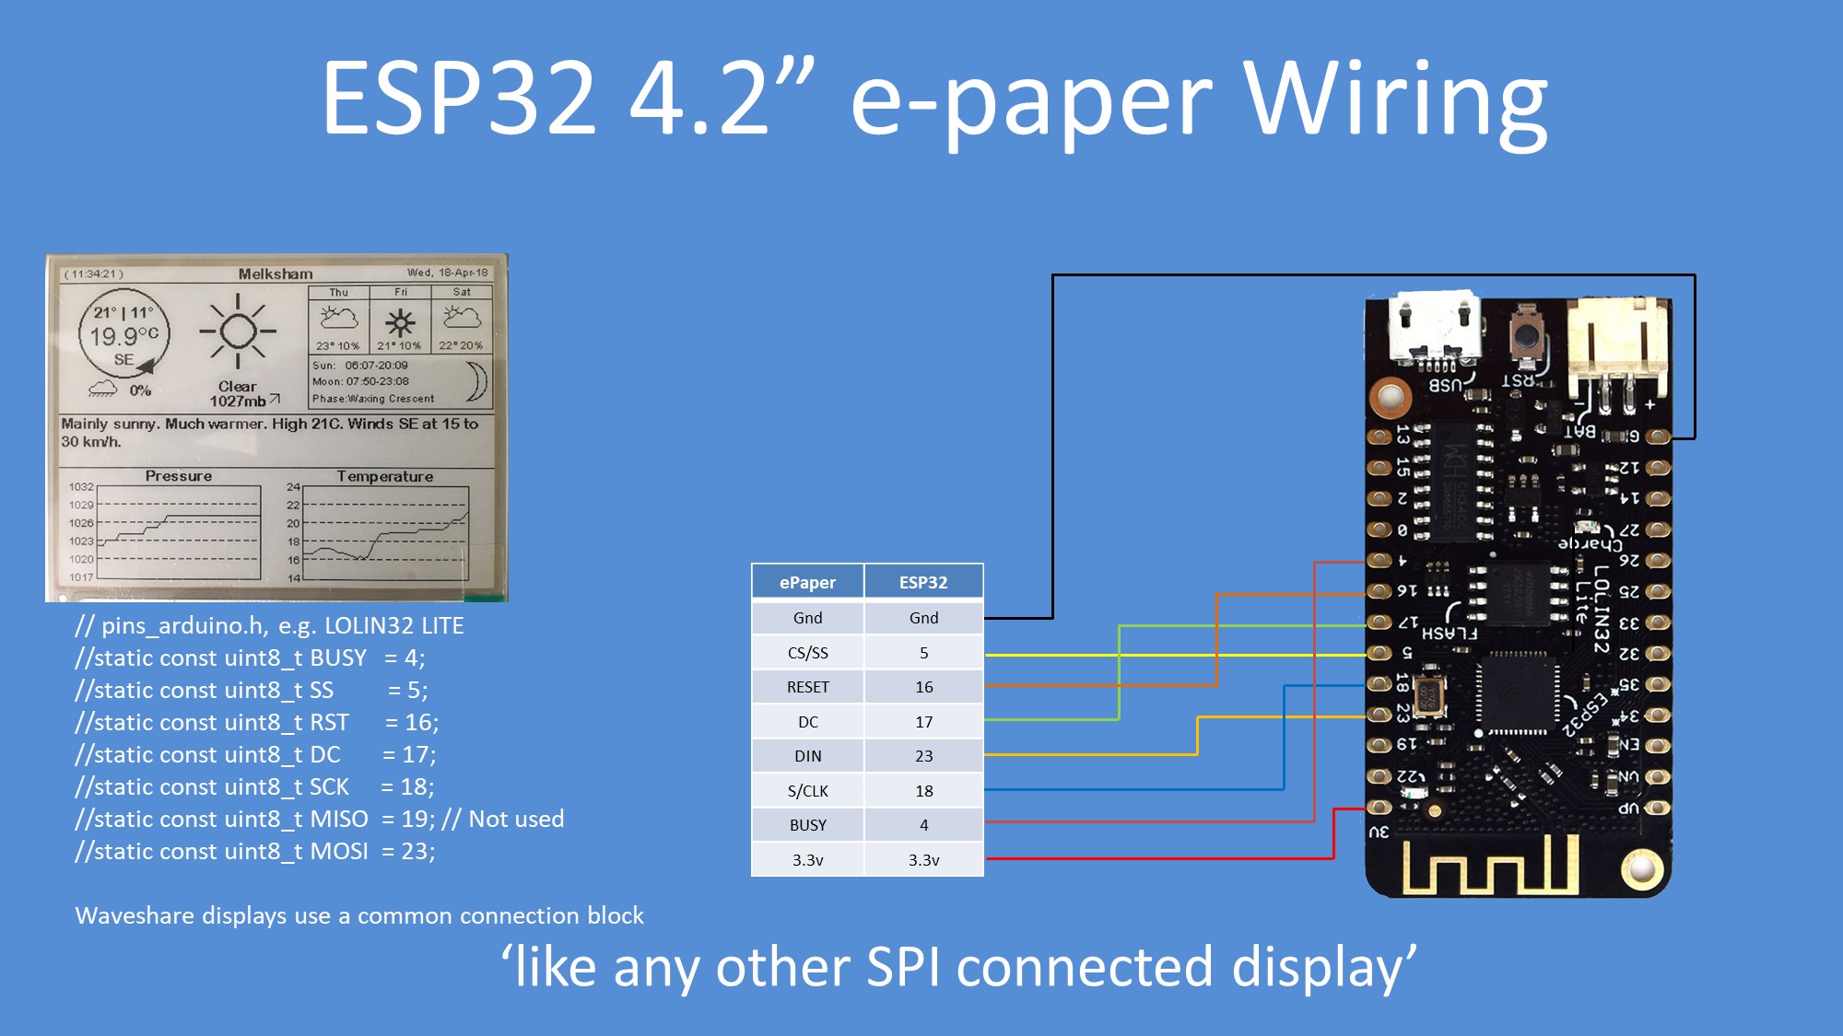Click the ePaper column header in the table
(x=807, y=582)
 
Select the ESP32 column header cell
(x=923, y=582)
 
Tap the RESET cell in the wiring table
(x=807, y=687)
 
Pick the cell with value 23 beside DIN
(x=923, y=756)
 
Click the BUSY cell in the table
(x=807, y=825)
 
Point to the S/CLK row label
(x=807, y=791)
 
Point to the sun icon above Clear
(x=238, y=332)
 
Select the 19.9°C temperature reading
(x=123, y=336)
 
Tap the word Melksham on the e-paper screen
(x=276, y=274)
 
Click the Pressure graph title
(x=179, y=476)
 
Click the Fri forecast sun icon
(x=400, y=322)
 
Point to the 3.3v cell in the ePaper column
(x=807, y=860)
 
